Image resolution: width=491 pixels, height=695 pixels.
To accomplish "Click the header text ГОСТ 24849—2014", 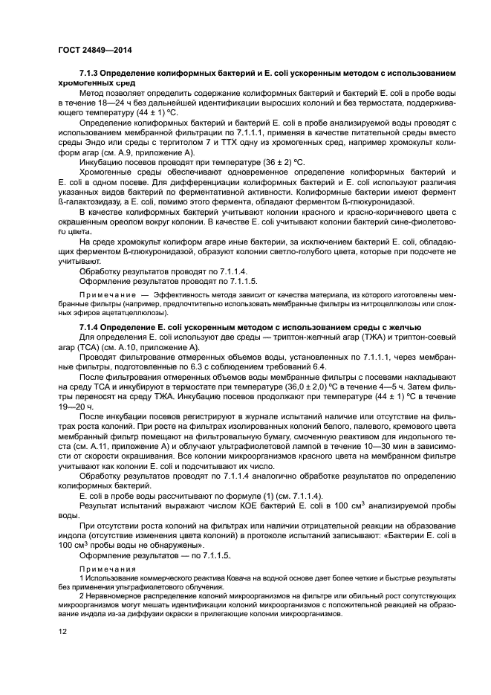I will [x=91, y=51].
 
